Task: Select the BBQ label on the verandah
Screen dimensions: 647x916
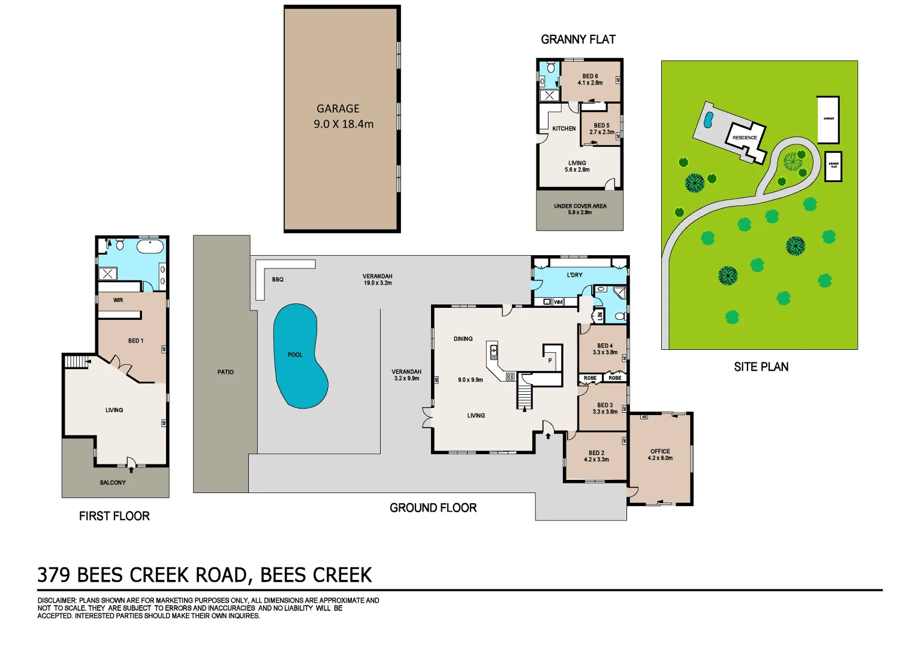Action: point(278,280)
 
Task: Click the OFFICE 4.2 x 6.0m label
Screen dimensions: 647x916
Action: point(660,455)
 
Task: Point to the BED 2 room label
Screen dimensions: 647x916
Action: point(596,456)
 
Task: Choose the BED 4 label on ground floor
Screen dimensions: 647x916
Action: point(605,349)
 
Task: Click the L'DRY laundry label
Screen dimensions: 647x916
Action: point(574,275)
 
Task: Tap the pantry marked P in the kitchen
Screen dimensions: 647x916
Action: point(550,360)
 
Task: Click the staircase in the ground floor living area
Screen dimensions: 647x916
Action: point(525,397)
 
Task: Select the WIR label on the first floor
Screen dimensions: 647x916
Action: point(118,300)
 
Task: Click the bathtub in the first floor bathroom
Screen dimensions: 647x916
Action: point(150,247)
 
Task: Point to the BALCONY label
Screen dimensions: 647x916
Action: point(113,482)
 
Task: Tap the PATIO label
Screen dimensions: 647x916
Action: point(225,372)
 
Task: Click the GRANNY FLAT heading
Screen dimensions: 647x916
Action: point(578,40)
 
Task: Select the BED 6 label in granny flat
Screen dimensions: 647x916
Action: point(590,80)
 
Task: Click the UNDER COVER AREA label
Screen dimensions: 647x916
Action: point(580,209)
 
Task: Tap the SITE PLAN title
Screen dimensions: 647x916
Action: point(761,367)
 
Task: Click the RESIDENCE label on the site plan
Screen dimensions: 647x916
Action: point(745,138)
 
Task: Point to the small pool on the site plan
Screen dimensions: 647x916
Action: point(708,120)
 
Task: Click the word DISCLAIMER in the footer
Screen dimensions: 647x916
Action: point(57,600)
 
